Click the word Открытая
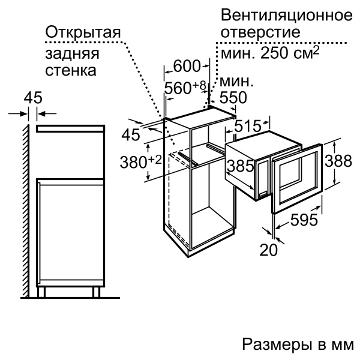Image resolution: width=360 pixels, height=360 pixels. (83, 32)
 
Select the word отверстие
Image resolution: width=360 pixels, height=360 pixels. (260, 32)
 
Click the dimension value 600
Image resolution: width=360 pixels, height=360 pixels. (187, 67)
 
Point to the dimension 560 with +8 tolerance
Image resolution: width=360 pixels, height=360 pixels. (185, 88)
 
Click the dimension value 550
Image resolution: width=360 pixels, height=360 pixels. (233, 97)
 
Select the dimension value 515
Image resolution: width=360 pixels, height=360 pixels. (248, 126)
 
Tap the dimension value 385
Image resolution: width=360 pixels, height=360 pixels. (241, 166)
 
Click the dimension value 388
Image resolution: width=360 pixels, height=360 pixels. (338, 160)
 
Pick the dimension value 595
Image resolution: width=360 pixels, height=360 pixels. (304, 220)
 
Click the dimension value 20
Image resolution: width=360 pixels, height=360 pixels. (268, 250)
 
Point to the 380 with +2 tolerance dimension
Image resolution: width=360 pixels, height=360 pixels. (141, 161)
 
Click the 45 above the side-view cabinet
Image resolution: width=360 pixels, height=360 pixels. (33, 98)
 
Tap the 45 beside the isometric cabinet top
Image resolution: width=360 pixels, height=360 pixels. (131, 134)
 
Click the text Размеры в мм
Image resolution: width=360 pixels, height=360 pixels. (298, 344)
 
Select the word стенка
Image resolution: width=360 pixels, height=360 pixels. (71, 70)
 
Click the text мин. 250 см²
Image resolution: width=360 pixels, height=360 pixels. (270, 53)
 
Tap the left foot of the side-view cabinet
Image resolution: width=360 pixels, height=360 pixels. (41, 292)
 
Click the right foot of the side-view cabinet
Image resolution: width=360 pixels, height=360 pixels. (97, 292)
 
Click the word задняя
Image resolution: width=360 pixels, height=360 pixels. (72, 54)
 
